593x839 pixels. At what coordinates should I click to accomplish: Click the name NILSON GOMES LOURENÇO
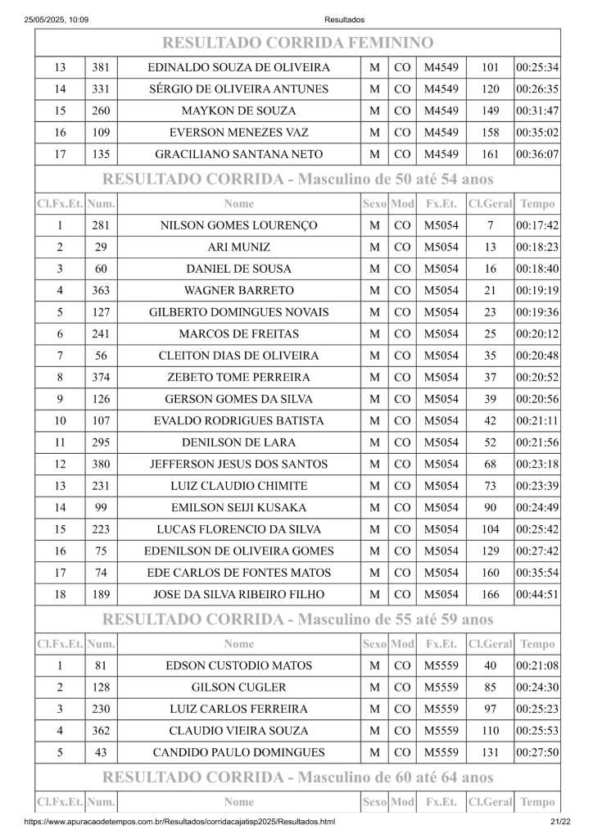(238, 225)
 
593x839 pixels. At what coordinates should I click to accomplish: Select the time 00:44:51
(537, 594)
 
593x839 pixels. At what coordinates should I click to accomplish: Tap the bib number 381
(101, 67)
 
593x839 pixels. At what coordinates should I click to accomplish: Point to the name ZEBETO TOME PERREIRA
(238, 378)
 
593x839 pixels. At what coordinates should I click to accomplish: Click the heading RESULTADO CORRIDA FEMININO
(297, 43)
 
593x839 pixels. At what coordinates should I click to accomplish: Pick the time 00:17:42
(537, 225)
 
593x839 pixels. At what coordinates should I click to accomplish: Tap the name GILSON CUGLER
(238, 687)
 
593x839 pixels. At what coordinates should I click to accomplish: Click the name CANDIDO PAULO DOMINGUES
(238, 752)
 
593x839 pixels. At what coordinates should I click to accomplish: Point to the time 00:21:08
(537, 665)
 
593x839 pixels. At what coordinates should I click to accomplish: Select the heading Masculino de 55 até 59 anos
(297, 619)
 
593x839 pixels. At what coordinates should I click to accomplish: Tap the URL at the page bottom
(179, 822)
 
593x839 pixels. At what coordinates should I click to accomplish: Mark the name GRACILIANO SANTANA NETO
(238, 154)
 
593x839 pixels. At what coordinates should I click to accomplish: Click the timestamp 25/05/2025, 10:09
(57, 20)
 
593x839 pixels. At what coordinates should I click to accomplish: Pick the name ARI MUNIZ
(238, 247)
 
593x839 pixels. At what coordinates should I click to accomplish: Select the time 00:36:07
(537, 154)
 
